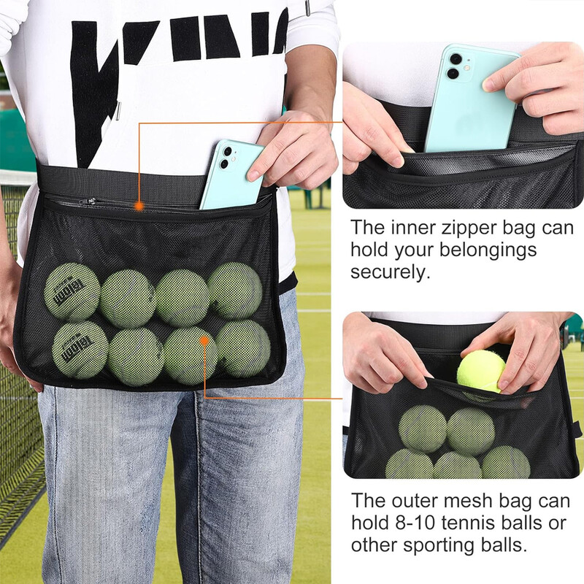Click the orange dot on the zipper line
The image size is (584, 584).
[139, 207]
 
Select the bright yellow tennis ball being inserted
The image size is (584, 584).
[481, 371]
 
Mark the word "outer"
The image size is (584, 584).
[411, 501]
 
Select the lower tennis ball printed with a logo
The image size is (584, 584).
[80, 350]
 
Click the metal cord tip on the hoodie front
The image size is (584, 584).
[118, 110]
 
